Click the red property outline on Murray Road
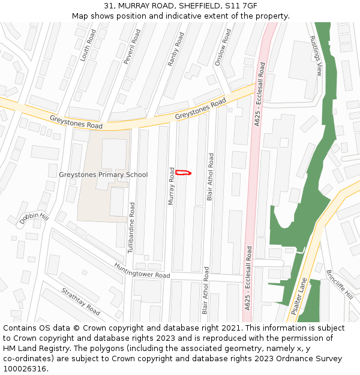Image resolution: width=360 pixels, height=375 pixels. [x=183, y=173]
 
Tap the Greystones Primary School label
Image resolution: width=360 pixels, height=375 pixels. [x=103, y=175]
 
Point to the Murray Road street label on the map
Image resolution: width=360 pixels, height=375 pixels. [x=172, y=186]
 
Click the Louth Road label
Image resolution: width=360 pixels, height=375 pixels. [x=88, y=45]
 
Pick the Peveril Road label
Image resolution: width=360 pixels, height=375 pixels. [x=131, y=47]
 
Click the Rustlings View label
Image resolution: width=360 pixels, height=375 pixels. [x=316, y=55]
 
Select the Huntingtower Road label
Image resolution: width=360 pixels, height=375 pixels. [x=142, y=271]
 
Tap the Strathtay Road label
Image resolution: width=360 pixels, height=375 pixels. [x=80, y=301]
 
